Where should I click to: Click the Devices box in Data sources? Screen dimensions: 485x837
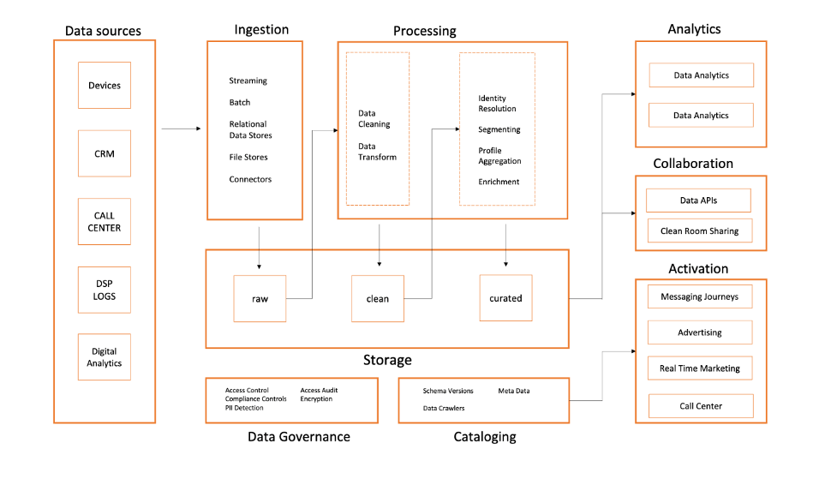tap(105, 85)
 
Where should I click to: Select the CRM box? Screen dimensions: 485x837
tap(105, 153)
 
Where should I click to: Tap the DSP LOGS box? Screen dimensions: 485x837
tap(105, 290)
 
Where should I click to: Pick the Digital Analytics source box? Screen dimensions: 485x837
tap(105, 357)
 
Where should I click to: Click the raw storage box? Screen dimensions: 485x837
tap(260, 298)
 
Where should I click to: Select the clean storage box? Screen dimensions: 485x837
tap(378, 298)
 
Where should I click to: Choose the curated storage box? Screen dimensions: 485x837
tap(505, 298)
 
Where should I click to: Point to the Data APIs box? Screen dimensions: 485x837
tap(697, 201)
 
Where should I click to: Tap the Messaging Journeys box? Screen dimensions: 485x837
tap(700, 297)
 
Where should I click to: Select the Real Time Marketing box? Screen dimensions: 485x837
tap(700, 368)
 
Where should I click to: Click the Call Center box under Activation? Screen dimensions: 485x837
tap(700, 406)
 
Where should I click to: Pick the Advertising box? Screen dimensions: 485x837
tap(700, 332)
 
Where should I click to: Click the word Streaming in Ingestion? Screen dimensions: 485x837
tap(248, 81)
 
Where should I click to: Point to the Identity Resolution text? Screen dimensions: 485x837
tap(497, 104)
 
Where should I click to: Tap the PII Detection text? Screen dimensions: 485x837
tap(244, 408)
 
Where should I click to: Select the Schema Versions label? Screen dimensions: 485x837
tap(448, 391)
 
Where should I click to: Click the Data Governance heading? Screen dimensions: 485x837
tap(298, 437)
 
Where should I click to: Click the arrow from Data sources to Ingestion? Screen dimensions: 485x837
tap(181, 129)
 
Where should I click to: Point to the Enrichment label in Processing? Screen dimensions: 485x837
tap(499, 182)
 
